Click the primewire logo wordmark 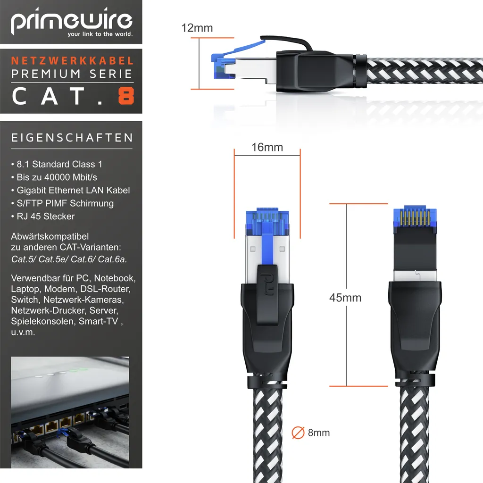pos(72,22)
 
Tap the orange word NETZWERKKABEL pos(72,60)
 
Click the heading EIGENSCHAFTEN pos(72,138)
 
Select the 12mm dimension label pos(197,28)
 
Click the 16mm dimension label pos(267,147)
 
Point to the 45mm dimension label pos(345,298)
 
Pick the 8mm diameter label pos(318,433)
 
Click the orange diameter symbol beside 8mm pos(298,433)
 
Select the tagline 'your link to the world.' pos(100,34)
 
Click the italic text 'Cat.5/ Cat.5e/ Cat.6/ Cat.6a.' pos(69,258)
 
